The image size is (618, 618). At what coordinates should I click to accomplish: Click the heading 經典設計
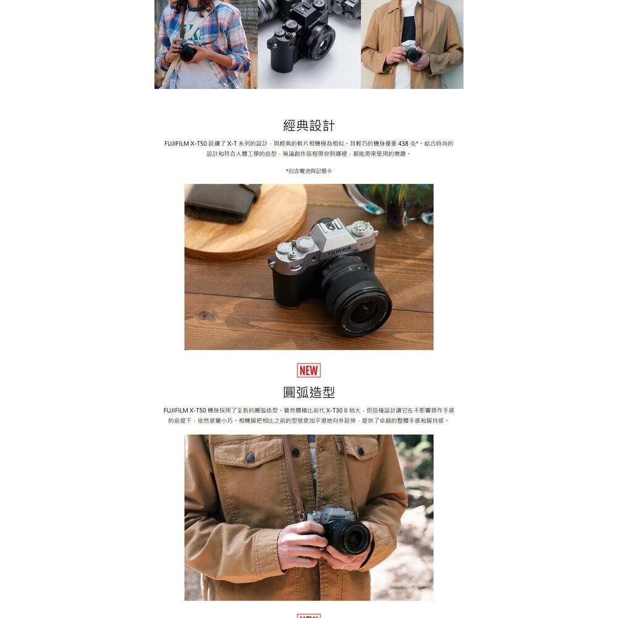coord(308,125)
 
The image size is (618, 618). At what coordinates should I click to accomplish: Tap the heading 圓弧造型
coord(308,392)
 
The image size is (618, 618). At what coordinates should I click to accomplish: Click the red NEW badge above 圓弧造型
coord(308,370)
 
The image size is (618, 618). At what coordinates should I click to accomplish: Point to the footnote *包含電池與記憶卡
coord(308,171)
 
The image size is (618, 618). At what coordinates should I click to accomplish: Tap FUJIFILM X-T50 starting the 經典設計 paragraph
coord(185,143)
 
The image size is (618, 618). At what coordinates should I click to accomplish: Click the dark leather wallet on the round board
coord(221,202)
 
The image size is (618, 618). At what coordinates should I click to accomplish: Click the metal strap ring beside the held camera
coord(302,515)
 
